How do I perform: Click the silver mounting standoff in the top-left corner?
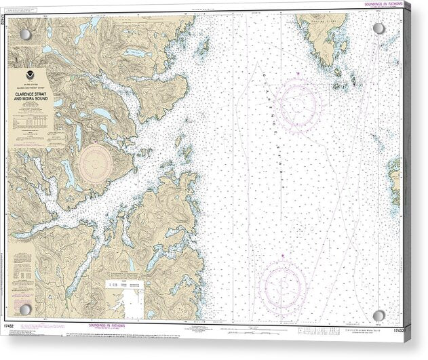25,34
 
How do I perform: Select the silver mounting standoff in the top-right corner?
378,28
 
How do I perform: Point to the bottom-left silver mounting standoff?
25,310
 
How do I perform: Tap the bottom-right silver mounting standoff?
379,315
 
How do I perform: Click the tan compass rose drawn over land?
95,163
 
